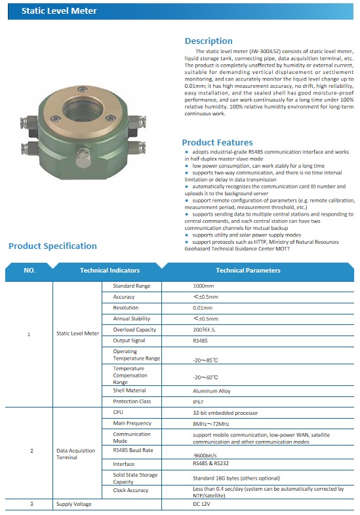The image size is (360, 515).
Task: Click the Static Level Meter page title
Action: [59, 11]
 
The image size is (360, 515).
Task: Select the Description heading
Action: [209, 41]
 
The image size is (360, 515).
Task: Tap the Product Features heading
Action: [217, 142]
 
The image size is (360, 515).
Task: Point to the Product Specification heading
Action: [52, 246]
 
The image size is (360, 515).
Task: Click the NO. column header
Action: [30, 270]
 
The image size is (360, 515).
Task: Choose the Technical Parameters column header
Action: [248, 270]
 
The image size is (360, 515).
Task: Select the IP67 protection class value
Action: [197, 401]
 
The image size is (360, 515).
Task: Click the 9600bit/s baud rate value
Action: [206, 455]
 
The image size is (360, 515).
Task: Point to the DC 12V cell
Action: [202, 504]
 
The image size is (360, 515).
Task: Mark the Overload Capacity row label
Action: [134, 330]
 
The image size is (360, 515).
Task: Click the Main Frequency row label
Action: [132, 423]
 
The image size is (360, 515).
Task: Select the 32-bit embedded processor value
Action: [225, 413]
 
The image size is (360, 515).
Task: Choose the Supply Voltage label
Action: [74, 504]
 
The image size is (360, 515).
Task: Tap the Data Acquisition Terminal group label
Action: [75, 454]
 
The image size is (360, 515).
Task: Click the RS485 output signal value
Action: [199, 341]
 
